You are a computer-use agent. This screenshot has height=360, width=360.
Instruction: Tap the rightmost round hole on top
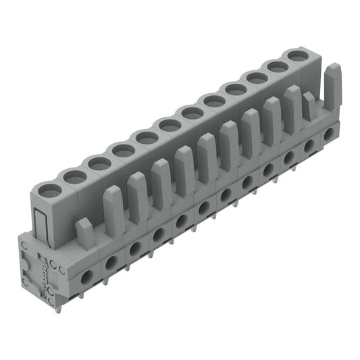(295, 55)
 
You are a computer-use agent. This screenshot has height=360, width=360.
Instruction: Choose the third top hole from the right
(256, 78)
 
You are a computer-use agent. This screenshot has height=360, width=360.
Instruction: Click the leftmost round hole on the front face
(87, 276)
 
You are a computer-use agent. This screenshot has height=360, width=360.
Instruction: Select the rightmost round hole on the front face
(328, 135)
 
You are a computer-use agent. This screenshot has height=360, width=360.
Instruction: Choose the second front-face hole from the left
(112, 261)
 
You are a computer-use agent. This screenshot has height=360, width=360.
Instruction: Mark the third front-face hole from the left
(135, 248)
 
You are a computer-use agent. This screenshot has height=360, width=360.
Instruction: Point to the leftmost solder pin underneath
(57, 308)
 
